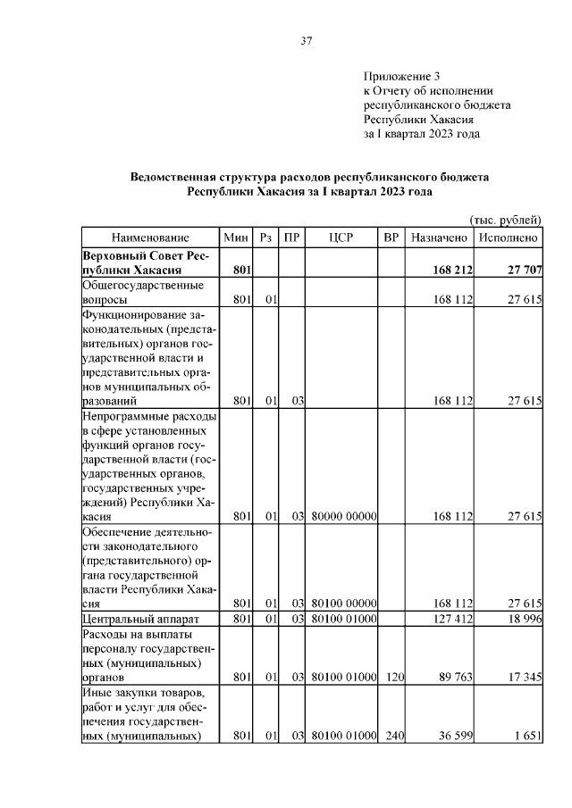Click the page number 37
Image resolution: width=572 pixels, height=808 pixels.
point(306,40)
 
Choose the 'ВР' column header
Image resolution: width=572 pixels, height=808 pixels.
point(391,238)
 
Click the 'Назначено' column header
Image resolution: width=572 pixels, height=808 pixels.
point(438,238)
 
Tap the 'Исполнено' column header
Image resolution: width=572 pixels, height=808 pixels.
point(509,238)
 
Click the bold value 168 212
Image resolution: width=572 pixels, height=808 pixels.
point(452,270)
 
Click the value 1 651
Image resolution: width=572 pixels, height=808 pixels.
point(526,737)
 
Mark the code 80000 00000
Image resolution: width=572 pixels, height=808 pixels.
point(344,516)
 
